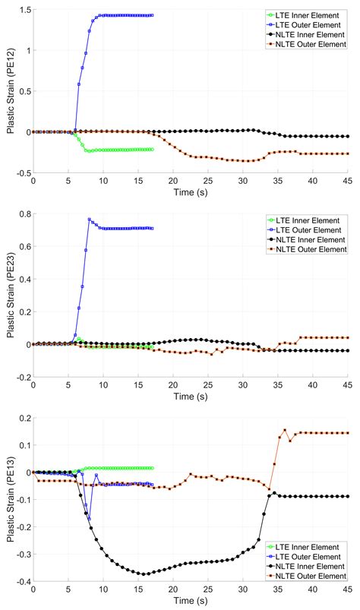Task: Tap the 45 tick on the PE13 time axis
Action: [347, 591]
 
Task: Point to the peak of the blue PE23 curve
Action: [90, 220]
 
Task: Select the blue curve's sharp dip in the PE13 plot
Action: [90, 518]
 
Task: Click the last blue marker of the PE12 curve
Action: [152, 15]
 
